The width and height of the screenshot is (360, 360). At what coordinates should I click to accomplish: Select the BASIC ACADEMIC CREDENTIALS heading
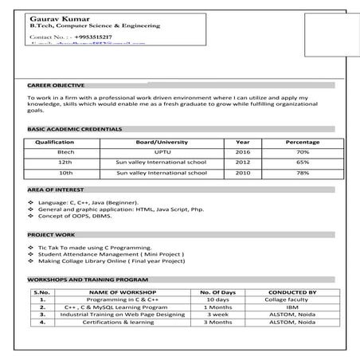(x=75, y=128)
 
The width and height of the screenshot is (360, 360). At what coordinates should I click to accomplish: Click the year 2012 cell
(x=243, y=162)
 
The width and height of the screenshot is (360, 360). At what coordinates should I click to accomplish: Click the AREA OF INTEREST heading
(x=54, y=191)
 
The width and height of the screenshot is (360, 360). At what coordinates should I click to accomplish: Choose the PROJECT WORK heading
(x=51, y=236)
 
